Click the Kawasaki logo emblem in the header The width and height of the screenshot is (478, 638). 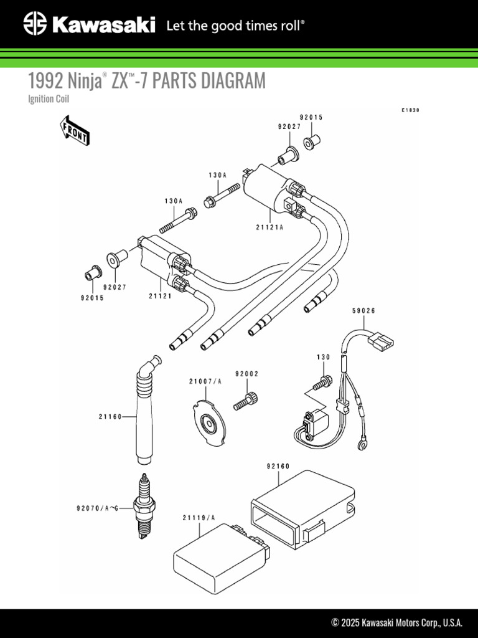(35, 25)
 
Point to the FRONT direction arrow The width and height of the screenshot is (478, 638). (74, 131)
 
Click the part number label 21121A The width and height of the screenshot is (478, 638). (269, 227)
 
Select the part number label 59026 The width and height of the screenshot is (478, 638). (364, 310)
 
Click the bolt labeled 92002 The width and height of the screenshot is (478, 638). (246, 399)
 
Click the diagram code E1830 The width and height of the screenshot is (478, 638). (410, 110)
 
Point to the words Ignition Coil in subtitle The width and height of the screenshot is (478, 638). (49, 99)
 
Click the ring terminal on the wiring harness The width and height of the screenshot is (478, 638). (360, 445)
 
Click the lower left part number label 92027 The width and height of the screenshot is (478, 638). (115, 287)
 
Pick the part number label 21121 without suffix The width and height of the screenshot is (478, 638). (160, 296)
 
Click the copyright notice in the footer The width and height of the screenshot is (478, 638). (397, 622)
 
